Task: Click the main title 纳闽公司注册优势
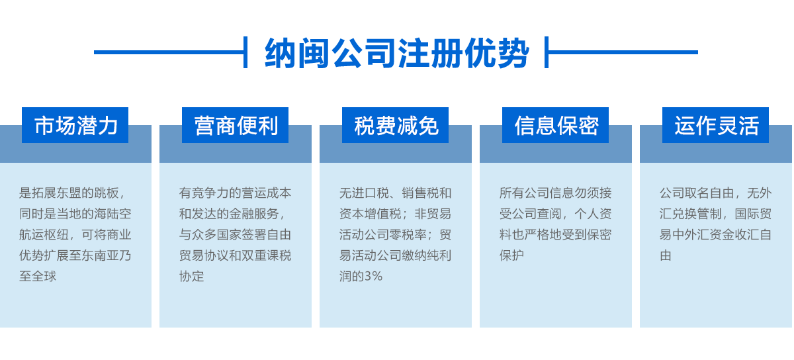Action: click(x=397, y=53)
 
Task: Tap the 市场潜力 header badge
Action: click(x=75, y=125)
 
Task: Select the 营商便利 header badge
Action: click(x=235, y=125)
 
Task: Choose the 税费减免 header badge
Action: click(x=395, y=125)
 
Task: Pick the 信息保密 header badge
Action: click(x=555, y=125)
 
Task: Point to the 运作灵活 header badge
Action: click(x=716, y=125)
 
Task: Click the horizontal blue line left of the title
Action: click(x=169, y=52)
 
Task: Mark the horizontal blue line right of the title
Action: click(x=623, y=52)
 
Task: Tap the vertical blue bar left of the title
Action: click(x=245, y=52)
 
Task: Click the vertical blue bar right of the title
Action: click(x=547, y=52)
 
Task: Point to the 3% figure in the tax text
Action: click(x=374, y=277)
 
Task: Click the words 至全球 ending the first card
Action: click(x=38, y=277)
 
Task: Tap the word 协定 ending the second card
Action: click(x=192, y=277)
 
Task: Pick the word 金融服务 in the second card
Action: click(x=254, y=214)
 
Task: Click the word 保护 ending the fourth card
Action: click(x=512, y=255)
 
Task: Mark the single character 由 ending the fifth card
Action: click(x=666, y=255)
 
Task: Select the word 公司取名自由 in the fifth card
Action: click(x=697, y=193)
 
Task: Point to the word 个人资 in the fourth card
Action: click(x=593, y=214)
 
